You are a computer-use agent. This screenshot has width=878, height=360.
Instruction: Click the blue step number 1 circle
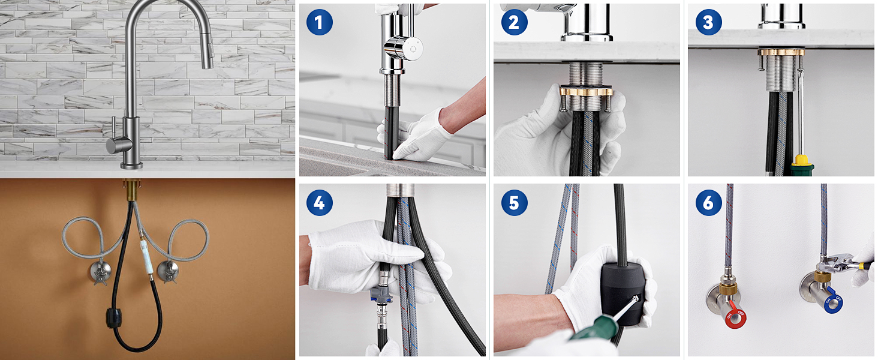click(x=320, y=22)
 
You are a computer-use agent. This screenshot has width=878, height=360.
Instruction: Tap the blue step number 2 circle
click(x=514, y=22)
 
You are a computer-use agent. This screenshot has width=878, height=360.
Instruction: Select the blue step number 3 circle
click(x=708, y=22)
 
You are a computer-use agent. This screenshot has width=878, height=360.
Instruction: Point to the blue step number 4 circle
click(x=320, y=202)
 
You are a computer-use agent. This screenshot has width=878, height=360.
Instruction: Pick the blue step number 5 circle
click(x=514, y=202)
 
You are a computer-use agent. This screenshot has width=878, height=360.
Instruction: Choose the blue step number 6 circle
click(x=708, y=202)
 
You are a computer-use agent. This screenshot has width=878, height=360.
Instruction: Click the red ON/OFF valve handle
click(x=735, y=316)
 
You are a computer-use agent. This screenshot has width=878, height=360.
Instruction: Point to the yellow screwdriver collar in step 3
click(x=802, y=160)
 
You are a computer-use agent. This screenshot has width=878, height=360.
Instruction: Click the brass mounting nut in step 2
click(x=587, y=92)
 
